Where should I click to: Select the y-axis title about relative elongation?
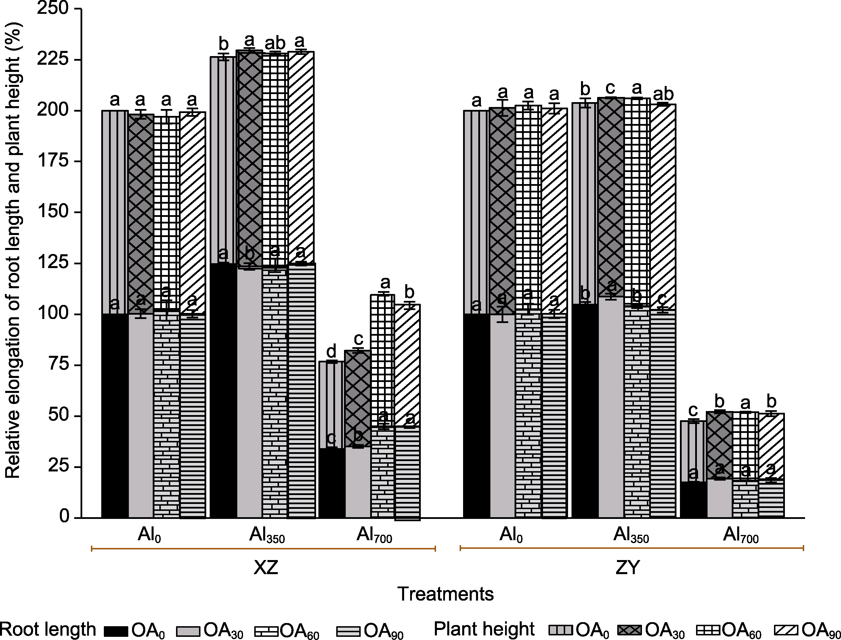(x=13, y=249)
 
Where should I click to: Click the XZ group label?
(x=266, y=568)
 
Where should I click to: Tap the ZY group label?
(x=628, y=568)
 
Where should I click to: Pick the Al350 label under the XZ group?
(x=267, y=535)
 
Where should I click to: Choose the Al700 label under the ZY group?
(x=741, y=535)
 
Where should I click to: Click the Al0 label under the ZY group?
(x=511, y=535)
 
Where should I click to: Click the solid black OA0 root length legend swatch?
(x=116, y=631)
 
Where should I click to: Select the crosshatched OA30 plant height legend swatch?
(x=631, y=631)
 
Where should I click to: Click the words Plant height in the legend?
(x=484, y=629)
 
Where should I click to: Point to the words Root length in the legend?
(x=48, y=629)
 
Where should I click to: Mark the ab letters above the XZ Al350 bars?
(x=275, y=43)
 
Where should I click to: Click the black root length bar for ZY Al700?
(x=693, y=499)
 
